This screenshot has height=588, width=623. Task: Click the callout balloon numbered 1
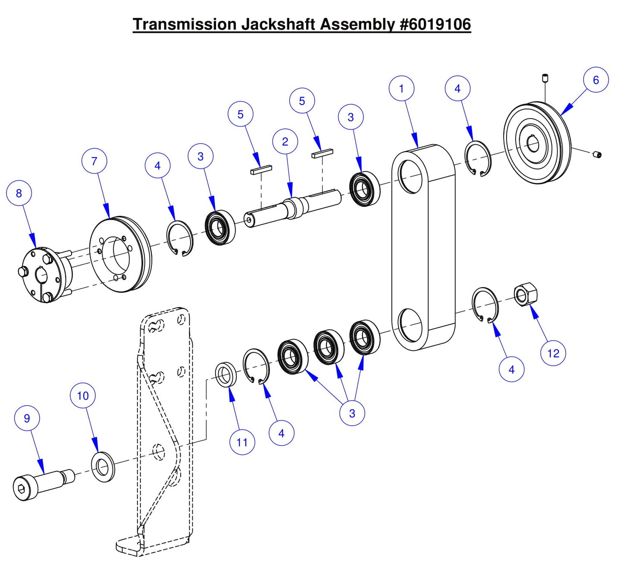tap(401, 89)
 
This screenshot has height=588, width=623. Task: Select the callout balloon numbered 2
tap(285, 142)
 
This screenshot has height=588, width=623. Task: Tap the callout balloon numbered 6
tap(596, 80)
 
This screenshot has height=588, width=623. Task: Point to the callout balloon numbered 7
tap(94, 161)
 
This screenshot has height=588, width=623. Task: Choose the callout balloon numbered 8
tap(19, 193)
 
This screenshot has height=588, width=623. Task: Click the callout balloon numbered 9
tap(27, 418)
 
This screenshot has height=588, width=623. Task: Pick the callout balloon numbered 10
tap(83, 395)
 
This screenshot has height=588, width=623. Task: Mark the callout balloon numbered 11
tap(242, 442)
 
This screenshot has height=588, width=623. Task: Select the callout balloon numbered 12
tap(553, 353)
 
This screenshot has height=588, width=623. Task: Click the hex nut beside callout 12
tap(526, 295)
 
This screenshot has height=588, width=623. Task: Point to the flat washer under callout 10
tap(103, 467)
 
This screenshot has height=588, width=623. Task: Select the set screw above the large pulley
tap(545, 78)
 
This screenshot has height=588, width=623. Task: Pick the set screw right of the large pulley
tap(597, 154)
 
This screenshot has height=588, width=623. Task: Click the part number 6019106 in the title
tap(435, 25)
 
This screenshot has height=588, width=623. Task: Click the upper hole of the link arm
tap(411, 177)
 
